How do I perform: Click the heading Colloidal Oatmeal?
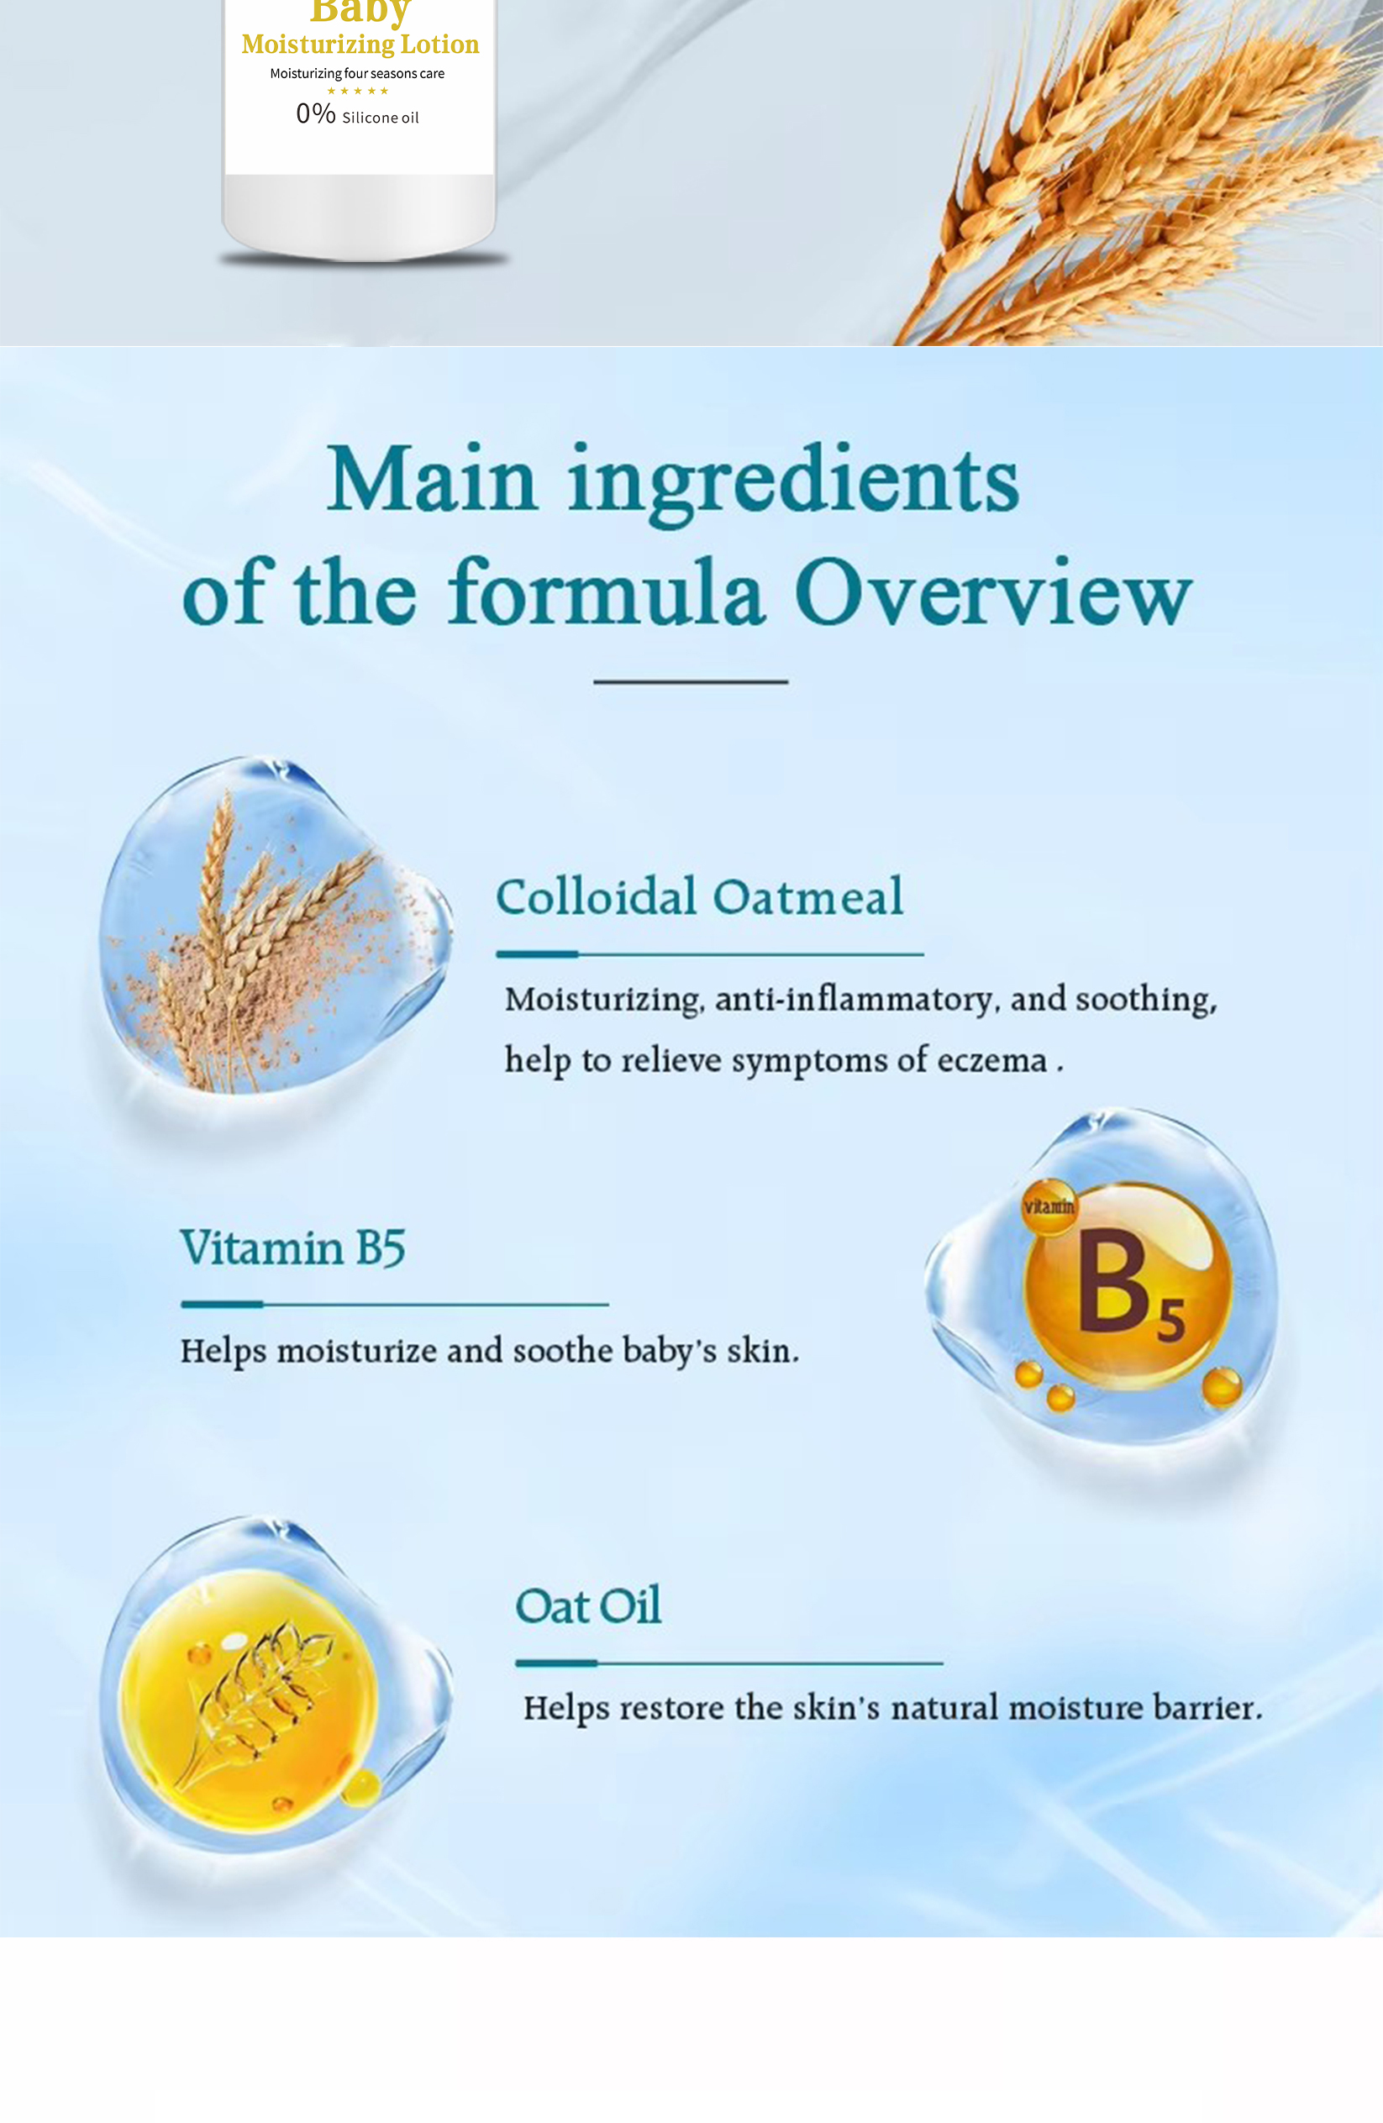click(x=700, y=896)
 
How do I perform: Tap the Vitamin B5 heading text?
click(x=292, y=1247)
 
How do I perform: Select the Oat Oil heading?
click(x=589, y=1605)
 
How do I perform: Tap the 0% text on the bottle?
click(x=316, y=113)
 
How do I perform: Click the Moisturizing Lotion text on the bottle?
click(x=360, y=44)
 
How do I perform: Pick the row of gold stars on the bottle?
click(x=358, y=91)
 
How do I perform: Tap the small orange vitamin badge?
click(x=1049, y=1207)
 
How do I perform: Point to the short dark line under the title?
click(x=691, y=681)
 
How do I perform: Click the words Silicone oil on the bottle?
click(x=380, y=118)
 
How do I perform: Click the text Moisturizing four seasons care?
click(x=357, y=73)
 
